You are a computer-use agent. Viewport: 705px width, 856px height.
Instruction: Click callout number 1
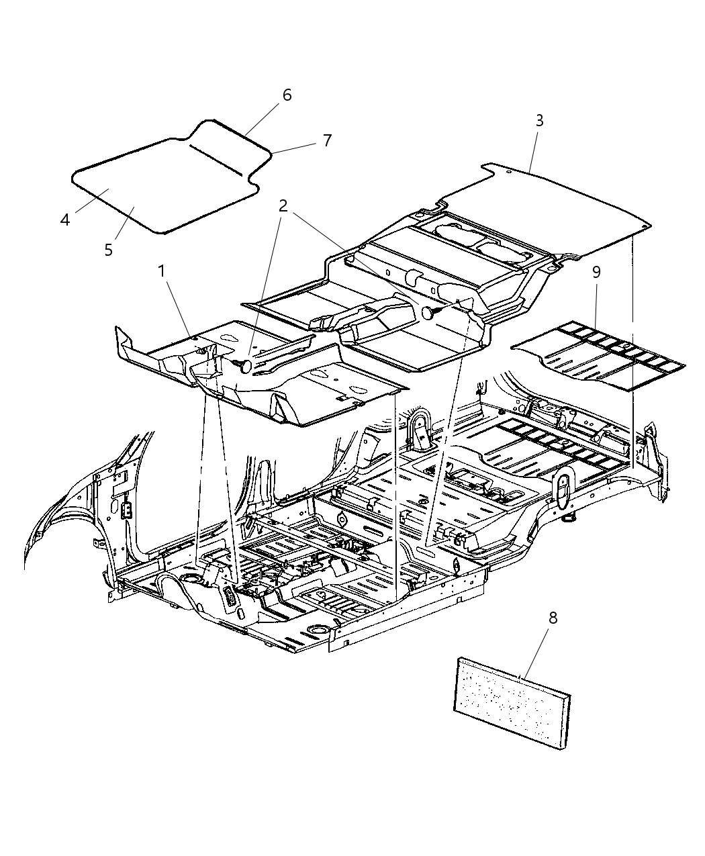(161, 271)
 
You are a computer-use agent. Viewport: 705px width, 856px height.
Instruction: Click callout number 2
(283, 206)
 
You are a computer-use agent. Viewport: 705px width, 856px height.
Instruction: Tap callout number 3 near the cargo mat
(539, 122)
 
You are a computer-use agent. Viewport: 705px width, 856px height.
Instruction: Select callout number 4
(65, 220)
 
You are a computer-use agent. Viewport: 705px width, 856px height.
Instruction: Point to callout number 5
(108, 250)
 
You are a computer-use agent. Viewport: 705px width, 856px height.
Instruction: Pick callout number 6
(287, 95)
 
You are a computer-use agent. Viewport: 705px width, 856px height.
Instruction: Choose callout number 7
(326, 140)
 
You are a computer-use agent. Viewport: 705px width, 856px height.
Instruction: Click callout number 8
(553, 618)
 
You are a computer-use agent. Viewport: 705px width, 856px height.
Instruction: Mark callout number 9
(596, 273)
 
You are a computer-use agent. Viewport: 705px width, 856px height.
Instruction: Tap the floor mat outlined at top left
(154, 188)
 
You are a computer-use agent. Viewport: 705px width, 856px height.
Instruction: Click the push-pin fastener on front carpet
(244, 365)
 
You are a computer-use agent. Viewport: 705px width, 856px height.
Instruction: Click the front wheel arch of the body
(60, 510)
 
